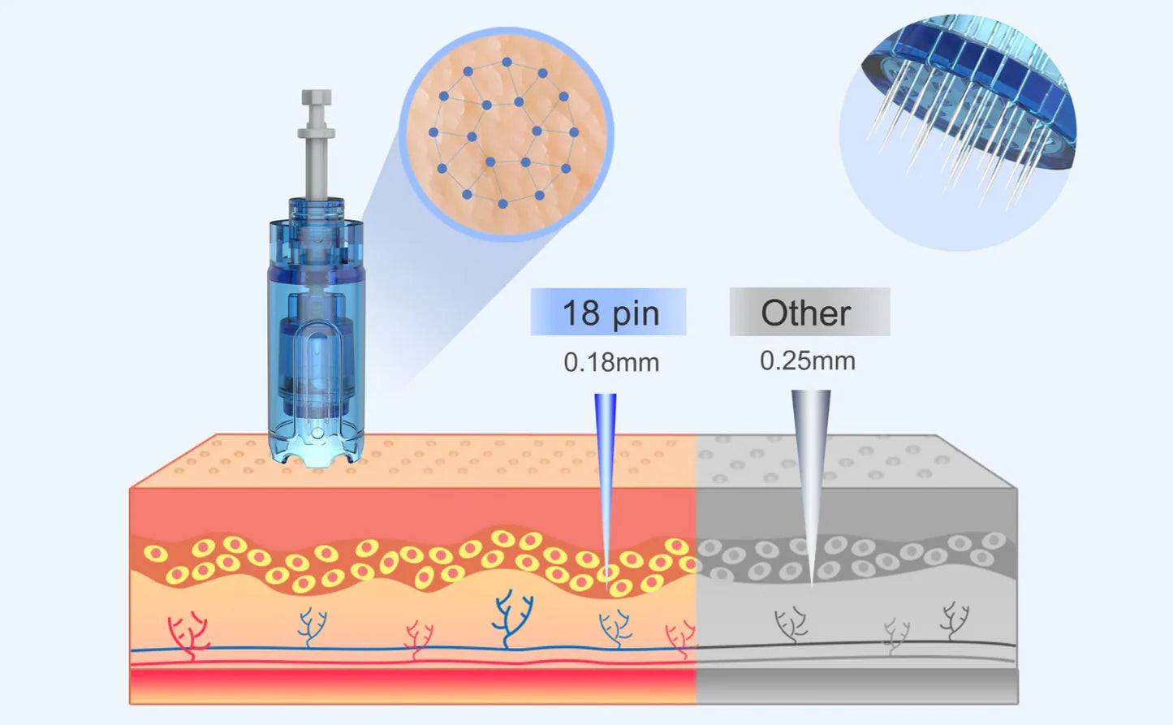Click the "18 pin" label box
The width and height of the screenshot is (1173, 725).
click(x=608, y=312)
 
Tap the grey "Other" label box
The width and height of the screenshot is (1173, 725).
click(x=809, y=312)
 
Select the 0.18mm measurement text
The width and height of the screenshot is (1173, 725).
click(x=611, y=362)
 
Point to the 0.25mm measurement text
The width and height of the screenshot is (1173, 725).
click(x=808, y=361)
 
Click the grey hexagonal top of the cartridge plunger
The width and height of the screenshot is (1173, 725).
click(x=317, y=97)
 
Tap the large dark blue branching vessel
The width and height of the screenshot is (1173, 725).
click(x=512, y=619)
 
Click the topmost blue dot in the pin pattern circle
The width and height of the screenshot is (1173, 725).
click(x=507, y=62)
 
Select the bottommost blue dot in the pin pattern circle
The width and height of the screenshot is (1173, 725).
click(x=502, y=204)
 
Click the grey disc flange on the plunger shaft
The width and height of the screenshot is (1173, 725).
click(x=317, y=132)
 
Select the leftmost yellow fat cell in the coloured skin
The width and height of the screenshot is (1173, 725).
click(x=156, y=553)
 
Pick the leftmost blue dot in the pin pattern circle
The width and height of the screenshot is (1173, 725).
click(x=433, y=132)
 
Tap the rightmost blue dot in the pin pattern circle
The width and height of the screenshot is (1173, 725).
click(x=574, y=132)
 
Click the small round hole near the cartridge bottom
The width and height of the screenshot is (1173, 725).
click(x=317, y=433)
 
